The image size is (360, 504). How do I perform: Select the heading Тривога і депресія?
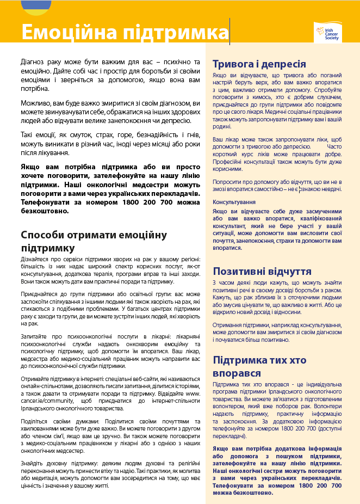[259, 64]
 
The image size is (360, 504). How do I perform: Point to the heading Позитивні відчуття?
[262, 271]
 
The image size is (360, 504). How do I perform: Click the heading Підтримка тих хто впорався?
[266, 367]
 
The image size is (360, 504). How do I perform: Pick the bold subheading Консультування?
[234, 201]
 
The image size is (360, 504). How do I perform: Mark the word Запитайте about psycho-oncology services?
[34, 337]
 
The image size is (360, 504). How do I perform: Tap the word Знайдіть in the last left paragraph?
[33, 463]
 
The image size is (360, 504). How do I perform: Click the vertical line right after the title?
[229, 32]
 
